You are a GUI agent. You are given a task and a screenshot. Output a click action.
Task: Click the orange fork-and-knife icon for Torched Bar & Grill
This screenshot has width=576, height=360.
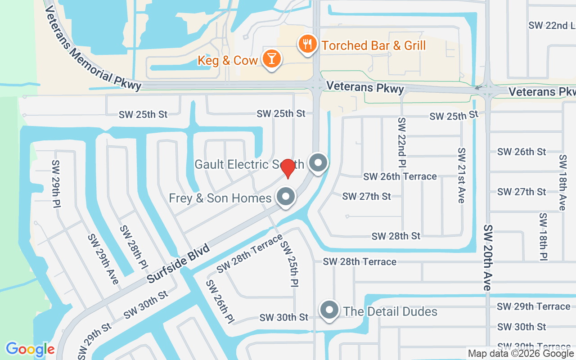308,45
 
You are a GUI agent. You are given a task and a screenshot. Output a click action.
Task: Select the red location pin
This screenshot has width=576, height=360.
288,168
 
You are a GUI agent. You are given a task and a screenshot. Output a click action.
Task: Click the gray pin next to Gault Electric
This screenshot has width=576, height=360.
318,162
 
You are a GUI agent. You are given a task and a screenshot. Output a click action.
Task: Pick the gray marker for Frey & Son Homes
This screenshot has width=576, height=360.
285,197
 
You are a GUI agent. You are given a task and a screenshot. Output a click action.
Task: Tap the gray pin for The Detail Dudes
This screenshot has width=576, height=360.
329,310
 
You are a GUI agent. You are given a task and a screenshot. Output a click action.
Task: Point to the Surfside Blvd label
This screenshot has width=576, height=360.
179,264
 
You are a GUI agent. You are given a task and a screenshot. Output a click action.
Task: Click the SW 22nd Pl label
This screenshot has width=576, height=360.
402,142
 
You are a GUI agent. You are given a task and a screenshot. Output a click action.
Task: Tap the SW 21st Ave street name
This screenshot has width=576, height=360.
461,175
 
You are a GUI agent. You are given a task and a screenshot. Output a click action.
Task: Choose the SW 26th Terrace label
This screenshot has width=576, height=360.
400,176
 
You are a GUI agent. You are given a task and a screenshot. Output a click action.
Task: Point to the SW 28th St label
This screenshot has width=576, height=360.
396,236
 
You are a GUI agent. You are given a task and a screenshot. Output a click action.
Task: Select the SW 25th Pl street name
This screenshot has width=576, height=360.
290,263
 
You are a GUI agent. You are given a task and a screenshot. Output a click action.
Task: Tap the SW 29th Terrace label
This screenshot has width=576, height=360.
533,306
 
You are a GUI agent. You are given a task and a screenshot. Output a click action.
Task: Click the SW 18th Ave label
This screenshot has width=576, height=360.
562,183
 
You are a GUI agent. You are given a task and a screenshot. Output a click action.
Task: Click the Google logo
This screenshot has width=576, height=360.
30,349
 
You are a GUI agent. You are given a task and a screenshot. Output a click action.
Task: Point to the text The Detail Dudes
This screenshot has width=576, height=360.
390,311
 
